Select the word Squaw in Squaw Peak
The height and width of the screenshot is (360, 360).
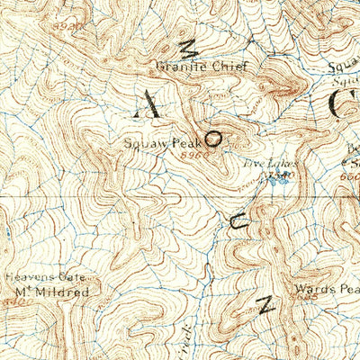pyautogui.click(x=144, y=143)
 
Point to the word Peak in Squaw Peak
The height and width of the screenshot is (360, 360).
pyautogui.click(x=184, y=143)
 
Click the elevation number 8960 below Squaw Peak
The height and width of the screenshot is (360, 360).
pyautogui.click(x=187, y=155)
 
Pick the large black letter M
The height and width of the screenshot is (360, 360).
pyautogui.click(x=189, y=52)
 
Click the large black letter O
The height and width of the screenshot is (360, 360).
pyautogui.click(x=214, y=139)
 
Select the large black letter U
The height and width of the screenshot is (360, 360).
pyautogui.click(x=238, y=225)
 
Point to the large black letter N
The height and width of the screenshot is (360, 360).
pyautogui.click(x=265, y=304)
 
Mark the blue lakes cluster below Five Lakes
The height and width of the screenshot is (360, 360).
pyautogui.click(x=275, y=178)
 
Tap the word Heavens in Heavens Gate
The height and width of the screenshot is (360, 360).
pyautogui.click(x=27, y=277)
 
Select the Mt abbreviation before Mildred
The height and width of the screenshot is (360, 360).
pyautogui.click(x=24, y=292)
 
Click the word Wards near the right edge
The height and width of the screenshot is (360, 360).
pyautogui.click(x=313, y=291)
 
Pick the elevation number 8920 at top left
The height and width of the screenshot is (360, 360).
pyautogui.click(x=68, y=28)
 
